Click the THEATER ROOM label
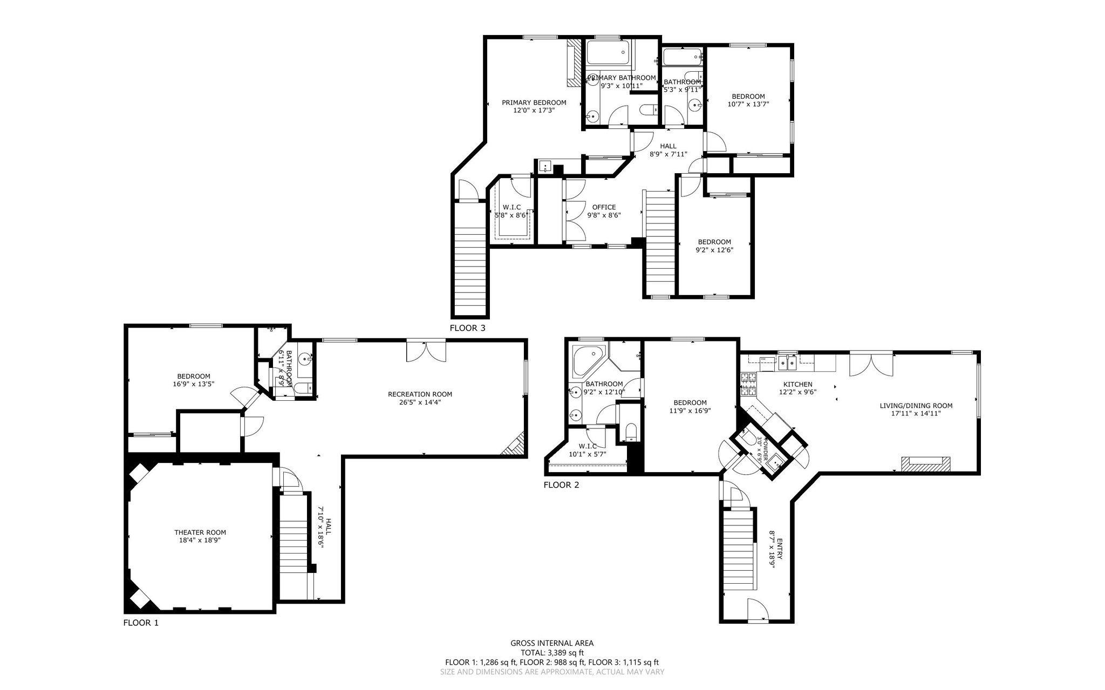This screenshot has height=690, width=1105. [x=200, y=532]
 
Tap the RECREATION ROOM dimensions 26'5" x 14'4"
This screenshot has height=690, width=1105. [x=420, y=402]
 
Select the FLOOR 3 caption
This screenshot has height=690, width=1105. [x=467, y=328]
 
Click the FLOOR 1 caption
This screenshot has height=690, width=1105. [x=141, y=623]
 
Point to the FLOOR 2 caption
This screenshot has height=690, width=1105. [x=561, y=485]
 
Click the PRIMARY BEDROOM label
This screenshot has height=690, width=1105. [x=534, y=103]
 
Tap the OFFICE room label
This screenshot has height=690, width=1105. [x=604, y=207]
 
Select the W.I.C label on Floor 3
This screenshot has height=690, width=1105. [x=511, y=207]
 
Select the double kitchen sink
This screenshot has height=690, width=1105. [x=788, y=363]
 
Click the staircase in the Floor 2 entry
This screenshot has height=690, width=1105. [x=738, y=550]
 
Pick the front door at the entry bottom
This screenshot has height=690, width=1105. [x=758, y=611]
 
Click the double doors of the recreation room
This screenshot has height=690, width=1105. [x=426, y=351]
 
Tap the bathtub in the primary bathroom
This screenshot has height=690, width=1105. [x=608, y=53]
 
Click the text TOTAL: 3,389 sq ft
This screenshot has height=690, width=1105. [x=552, y=652]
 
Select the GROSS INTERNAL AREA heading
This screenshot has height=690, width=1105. [x=552, y=643]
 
